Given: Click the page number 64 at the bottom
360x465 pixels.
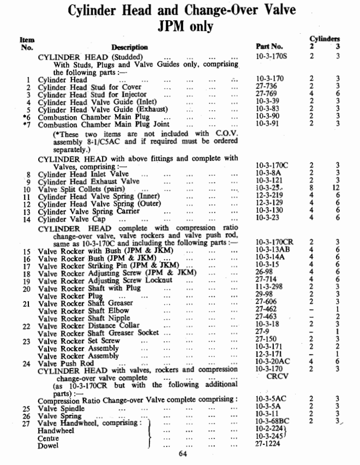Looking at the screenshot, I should coord(184,453).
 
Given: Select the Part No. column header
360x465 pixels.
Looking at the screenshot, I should coord(269,47).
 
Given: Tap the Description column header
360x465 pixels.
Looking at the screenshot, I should coord(129,47).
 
